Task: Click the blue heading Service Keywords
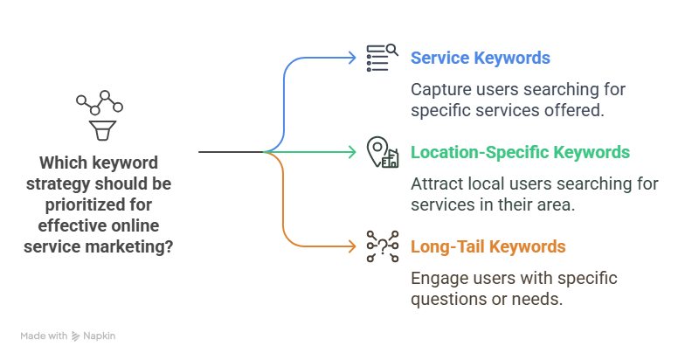click(480, 59)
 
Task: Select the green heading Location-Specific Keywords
click(520, 153)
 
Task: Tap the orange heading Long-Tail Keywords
click(488, 247)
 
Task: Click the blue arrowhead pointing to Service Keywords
click(352, 59)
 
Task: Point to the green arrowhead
click(352, 152)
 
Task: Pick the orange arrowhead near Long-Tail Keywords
click(352, 246)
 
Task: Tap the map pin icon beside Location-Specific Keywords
click(382, 152)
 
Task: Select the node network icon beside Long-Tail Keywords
click(382, 246)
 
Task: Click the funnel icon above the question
click(99, 130)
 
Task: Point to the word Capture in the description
click(440, 89)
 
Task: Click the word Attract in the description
click(436, 183)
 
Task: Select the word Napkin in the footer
click(100, 336)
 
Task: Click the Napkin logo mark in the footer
click(76, 336)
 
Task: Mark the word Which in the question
click(61, 163)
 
